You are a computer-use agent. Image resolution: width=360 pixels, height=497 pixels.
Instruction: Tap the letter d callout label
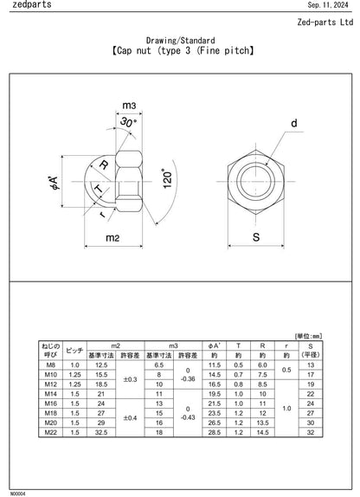pos(293,124)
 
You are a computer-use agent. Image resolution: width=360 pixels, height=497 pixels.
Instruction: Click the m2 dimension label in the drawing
pos(112,236)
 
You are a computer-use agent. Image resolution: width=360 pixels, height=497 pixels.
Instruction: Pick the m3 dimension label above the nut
pos(129,105)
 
